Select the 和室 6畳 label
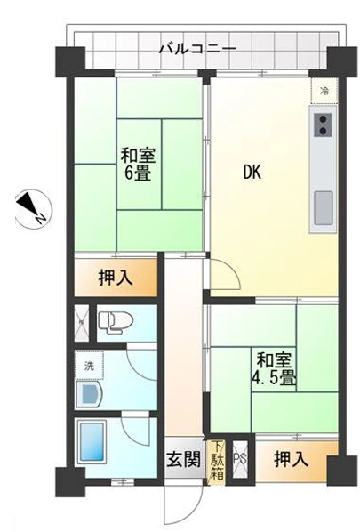[x=136, y=163]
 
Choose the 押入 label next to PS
[x=292, y=460]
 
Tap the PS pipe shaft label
[x=238, y=460]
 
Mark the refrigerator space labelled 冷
[x=324, y=91]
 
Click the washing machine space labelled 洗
[x=89, y=367]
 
